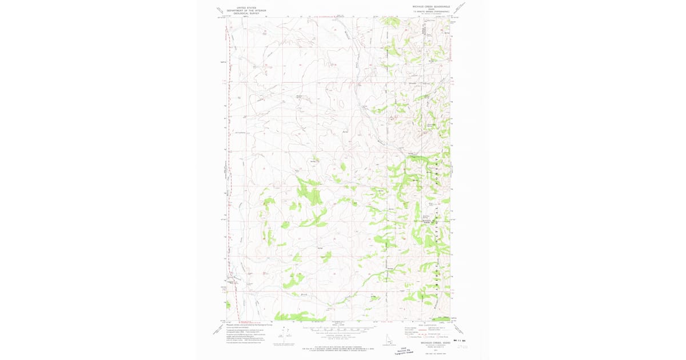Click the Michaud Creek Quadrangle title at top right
click(432, 7)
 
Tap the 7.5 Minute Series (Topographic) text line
click(432, 11)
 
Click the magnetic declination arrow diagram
click(281, 335)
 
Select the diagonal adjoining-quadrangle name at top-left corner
click(218, 9)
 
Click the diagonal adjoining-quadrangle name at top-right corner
click(460, 8)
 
